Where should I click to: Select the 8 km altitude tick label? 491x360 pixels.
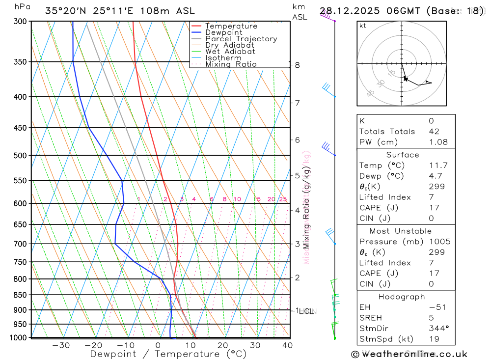tap(298, 65)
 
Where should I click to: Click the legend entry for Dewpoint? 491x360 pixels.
tap(223, 32)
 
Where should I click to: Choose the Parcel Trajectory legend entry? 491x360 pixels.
tap(241, 39)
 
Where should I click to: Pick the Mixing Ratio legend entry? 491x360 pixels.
tap(231, 64)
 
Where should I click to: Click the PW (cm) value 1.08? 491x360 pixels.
tap(438, 142)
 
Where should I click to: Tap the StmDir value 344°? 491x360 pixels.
tap(438, 329)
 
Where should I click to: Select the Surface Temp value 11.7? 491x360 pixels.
tap(438, 166)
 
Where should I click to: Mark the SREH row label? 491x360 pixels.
tap(370, 318)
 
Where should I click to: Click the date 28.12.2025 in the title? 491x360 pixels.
tap(354, 11)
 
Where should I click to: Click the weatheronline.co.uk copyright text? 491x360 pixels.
tap(409, 354)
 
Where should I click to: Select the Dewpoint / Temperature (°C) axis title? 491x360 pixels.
tap(168, 354)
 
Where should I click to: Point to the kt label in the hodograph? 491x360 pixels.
tap(363, 26)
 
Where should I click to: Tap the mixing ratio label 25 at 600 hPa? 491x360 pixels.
tap(283, 199)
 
